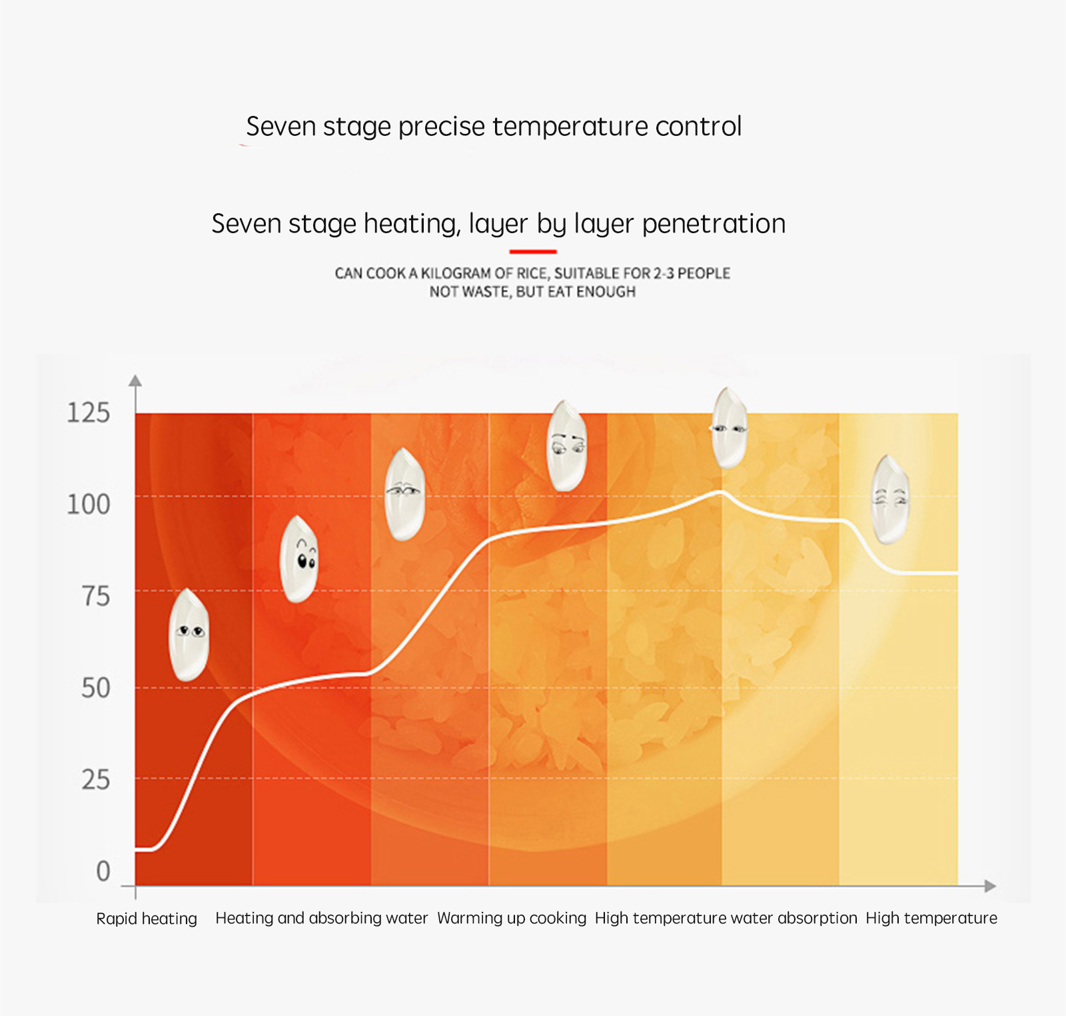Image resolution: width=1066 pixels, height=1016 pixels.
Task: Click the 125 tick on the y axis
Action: [88, 413]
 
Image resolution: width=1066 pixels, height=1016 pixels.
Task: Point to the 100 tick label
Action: [88, 504]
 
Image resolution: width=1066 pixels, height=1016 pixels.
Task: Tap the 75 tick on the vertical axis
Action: [96, 596]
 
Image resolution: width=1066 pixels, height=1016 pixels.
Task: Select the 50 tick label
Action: [96, 688]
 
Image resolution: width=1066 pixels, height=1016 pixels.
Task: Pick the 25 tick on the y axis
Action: [96, 779]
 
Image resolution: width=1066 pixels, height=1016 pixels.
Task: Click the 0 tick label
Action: [103, 871]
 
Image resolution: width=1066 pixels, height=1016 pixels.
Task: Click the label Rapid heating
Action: [147, 919]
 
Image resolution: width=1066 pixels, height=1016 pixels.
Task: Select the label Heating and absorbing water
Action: [321, 918]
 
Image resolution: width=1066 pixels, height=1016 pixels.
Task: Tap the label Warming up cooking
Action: [512, 918]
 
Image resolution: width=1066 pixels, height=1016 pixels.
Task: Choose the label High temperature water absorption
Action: [726, 918]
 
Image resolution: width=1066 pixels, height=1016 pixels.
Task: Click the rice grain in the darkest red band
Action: [189, 634]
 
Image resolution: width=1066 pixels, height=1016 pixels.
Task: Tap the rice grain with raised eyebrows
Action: [299, 559]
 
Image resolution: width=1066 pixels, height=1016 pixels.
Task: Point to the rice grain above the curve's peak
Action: [730, 428]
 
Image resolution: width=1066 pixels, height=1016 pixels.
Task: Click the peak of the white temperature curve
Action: [720, 492]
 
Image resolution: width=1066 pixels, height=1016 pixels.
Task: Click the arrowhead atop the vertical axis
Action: [135, 380]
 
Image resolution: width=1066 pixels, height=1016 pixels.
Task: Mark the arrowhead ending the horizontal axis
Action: [990, 886]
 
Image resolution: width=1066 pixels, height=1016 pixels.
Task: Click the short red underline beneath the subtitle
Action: [532, 252]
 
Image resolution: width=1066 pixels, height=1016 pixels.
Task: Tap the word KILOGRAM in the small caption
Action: [456, 273]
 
